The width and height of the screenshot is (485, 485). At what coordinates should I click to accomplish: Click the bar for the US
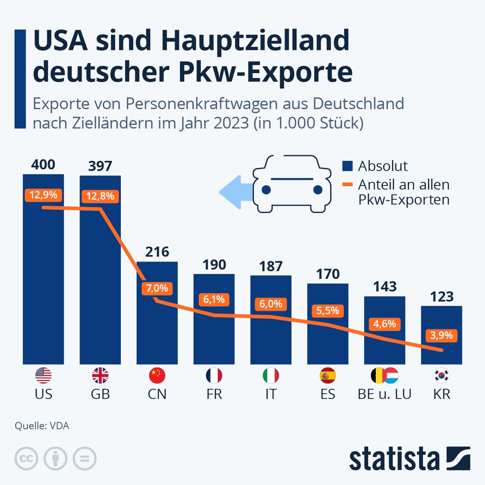(x=44, y=278)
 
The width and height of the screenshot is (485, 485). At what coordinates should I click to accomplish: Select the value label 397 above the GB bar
(x=100, y=166)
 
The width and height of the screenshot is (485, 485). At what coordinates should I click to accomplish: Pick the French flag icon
(x=214, y=375)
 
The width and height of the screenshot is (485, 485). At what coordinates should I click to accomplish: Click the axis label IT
(x=271, y=394)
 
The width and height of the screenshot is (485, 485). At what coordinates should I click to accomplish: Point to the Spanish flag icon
(x=328, y=375)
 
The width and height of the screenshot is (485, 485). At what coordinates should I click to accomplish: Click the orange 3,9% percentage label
(x=442, y=335)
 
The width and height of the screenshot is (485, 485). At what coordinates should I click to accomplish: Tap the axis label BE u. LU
(x=385, y=394)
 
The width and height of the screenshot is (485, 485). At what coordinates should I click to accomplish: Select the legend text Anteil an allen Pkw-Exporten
(x=403, y=192)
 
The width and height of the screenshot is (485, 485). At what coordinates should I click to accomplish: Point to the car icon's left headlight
(x=266, y=190)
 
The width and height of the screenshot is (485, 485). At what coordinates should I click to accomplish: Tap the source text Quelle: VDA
(x=42, y=426)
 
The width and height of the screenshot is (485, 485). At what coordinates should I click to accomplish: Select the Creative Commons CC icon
(x=26, y=459)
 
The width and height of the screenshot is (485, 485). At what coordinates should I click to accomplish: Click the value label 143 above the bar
(x=385, y=287)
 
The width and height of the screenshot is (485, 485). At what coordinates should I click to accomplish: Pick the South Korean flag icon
(x=441, y=375)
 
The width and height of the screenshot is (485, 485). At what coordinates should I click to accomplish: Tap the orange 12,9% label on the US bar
(x=44, y=195)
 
